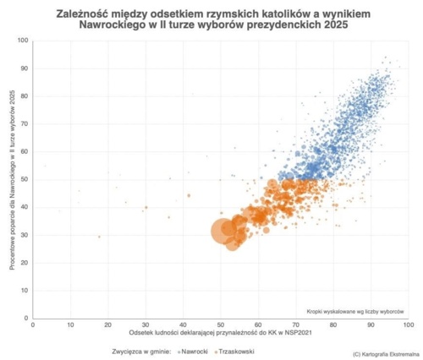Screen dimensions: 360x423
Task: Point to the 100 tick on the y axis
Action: click(x=23, y=41)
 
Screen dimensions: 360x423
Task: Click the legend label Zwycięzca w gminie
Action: click(x=141, y=349)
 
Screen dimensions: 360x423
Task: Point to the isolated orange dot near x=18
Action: click(x=99, y=237)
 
